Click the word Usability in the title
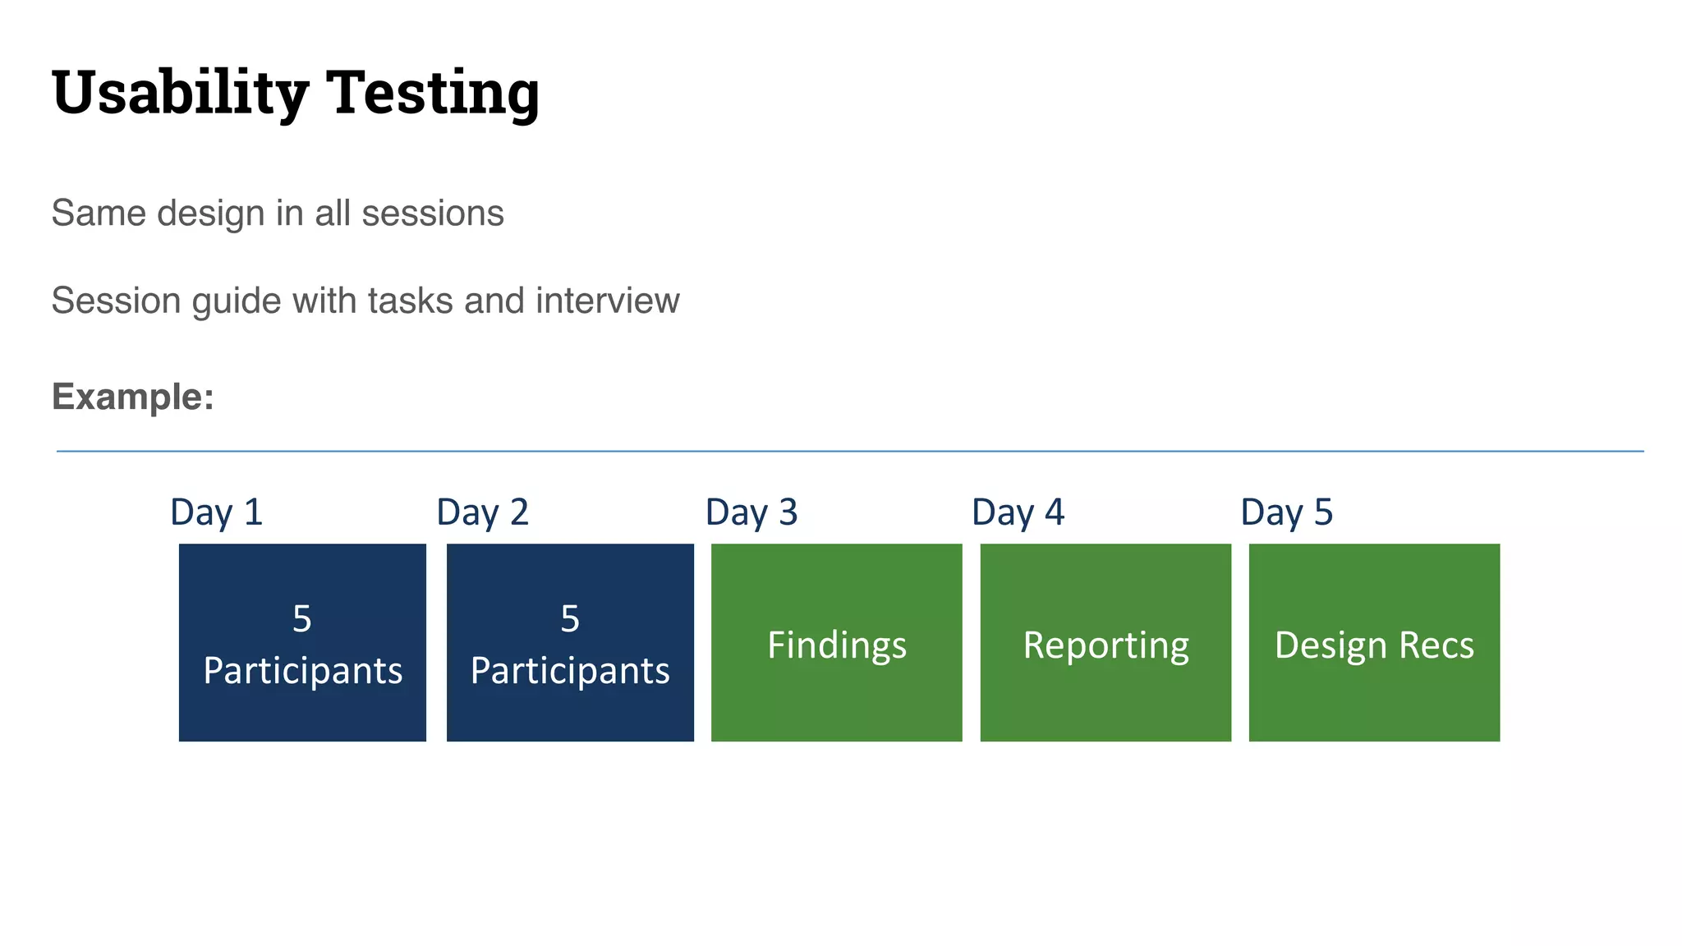pos(180,93)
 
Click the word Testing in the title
pos(433,93)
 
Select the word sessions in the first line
pos(433,214)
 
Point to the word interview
pos(608,301)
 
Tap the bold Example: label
pos(133,397)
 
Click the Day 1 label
pos(216,512)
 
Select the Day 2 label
pos(482,512)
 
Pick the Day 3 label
pos(751,512)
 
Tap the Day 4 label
pos(1018,512)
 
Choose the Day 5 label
pos(1286,512)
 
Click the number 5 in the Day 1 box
pos(302,619)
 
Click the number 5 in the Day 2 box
pos(570,619)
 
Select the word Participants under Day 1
pos(302,671)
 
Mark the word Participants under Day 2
pos(570,671)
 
